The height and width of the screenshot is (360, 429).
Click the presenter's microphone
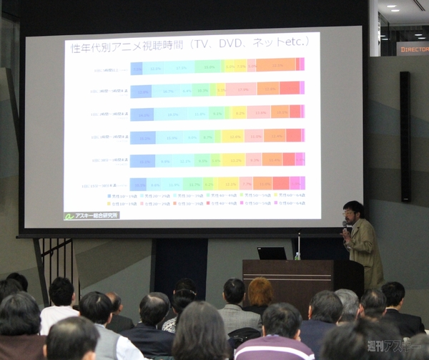coord(345,228)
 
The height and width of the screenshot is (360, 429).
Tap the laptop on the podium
coord(272,253)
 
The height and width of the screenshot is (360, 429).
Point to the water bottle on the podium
coord(297,255)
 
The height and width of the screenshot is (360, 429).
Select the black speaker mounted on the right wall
coord(405,136)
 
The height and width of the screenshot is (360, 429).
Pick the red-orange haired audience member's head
coord(260,292)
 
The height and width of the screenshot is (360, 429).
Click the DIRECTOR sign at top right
coord(413,49)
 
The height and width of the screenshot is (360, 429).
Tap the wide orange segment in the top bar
coord(276,65)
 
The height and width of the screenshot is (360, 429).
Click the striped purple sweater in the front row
coord(274,349)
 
